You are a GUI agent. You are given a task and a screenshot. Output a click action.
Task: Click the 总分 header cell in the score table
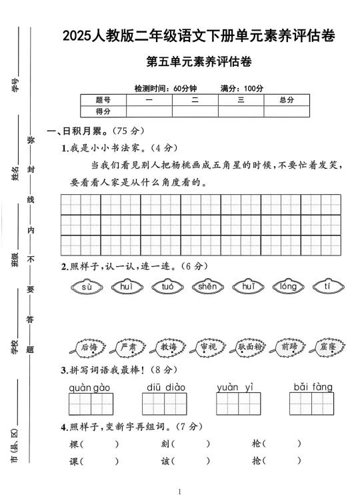pos(286,100)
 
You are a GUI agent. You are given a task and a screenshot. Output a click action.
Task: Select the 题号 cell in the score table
pos(103,100)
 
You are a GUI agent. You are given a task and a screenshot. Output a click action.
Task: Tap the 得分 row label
pos(103,111)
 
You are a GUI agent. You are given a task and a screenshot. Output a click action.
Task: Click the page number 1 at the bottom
pos(180,492)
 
